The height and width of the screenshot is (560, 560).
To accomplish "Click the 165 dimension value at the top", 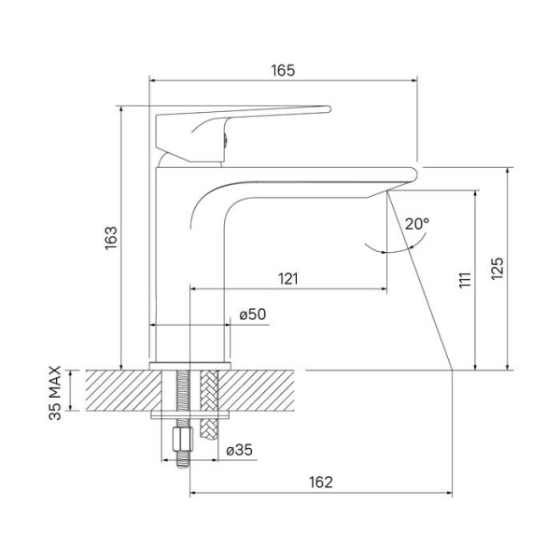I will (283, 70).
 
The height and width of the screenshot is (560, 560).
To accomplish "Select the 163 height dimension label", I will (109, 239).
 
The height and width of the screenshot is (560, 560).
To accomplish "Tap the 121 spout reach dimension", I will (288, 278).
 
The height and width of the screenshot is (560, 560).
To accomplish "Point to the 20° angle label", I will (417, 223).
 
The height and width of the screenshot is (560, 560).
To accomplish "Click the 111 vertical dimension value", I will (464, 281).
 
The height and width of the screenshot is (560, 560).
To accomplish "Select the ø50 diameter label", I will (253, 315).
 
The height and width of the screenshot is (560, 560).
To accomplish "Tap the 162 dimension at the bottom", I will (320, 482).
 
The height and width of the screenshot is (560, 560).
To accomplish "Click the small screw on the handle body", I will (223, 141).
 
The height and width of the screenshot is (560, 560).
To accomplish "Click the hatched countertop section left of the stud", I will (121, 390).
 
